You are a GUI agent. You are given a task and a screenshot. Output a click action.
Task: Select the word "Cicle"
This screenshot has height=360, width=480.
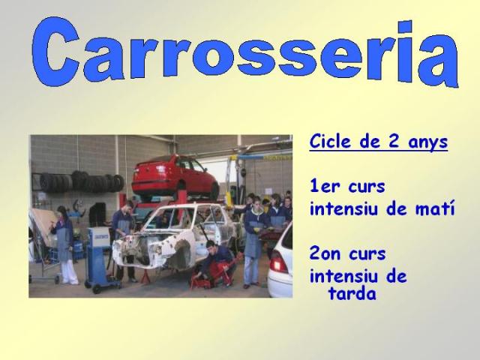329,141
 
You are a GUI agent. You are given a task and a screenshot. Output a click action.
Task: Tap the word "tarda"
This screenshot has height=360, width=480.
352,293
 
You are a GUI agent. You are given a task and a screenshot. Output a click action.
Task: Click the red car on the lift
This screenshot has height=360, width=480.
175,177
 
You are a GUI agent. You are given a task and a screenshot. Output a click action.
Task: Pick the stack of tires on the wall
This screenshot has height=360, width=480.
82,181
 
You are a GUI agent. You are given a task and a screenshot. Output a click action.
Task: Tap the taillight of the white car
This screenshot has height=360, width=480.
278,261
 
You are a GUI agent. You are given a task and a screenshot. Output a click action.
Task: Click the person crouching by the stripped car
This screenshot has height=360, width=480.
217,262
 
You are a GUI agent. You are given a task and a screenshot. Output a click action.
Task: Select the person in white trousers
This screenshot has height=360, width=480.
65,245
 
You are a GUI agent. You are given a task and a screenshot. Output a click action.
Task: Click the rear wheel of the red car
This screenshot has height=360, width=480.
214,190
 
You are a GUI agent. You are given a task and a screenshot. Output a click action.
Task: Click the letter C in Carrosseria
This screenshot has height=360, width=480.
55,52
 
